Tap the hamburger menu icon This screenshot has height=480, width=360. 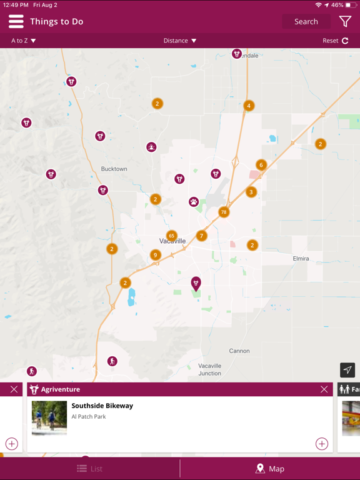click(x=16, y=21)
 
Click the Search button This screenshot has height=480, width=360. click(x=306, y=21)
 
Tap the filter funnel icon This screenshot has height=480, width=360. click(x=345, y=21)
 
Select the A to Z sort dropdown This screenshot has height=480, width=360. click(x=24, y=41)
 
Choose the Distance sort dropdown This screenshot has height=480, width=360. click(x=180, y=41)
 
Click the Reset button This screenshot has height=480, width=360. click(x=336, y=41)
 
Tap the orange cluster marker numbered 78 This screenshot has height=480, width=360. click(x=224, y=212)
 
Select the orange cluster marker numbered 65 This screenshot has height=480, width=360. click(x=172, y=236)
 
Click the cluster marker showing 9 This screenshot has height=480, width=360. click(x=156, y=255)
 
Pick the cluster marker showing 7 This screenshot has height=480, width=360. click(x=201, y=236)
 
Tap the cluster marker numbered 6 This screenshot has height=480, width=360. click(x=261, y=165)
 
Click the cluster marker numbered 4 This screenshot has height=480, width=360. click(x=249, y=106)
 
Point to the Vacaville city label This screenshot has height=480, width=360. click(x=172, y=241)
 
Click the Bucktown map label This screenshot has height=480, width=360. click(x=114, y=169)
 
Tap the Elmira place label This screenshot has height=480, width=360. click(x=301, y=259)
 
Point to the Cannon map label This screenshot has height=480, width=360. click(x=239, y=351)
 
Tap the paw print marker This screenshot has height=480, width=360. click(x=194, y=202)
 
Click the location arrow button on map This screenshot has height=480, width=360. click(x=347, y=370)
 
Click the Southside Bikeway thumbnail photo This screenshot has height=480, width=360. click(x=49, y=417)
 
